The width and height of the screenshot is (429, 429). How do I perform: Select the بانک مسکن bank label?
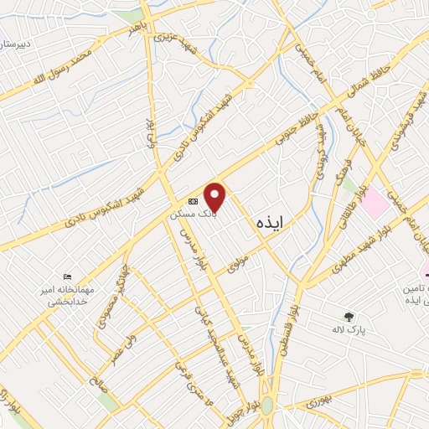pyautogui.click(x=194, y=214)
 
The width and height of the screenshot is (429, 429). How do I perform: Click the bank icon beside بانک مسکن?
pyautogui.click(x=194, y=202)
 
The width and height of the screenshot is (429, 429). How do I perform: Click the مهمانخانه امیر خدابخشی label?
pyautogui.click(x=68, y=295)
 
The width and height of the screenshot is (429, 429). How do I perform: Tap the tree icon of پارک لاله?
pyautogui.click(x=349, y=316)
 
